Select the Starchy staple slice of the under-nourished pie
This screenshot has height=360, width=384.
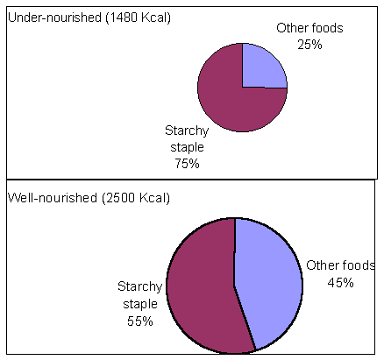(x=224, y=96)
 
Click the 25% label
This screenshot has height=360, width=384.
(x=309, y=44)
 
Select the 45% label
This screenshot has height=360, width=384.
(x=340, y=282)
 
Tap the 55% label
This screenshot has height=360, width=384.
(x=139, y=321)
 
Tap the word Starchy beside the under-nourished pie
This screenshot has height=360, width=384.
(x=187, y=131)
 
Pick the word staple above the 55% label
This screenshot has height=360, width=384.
(x=139, y=304)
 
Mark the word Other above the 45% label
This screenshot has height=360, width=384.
(x=321, y=265)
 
